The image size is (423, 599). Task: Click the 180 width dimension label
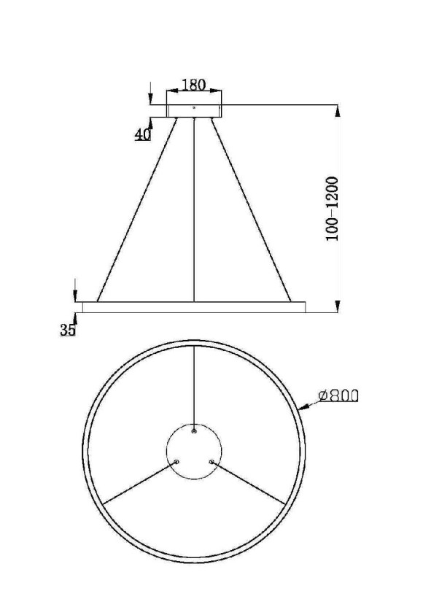coord(193,85)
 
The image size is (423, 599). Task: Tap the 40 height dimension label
coord(141,134)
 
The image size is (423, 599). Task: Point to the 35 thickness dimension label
coord(68,330)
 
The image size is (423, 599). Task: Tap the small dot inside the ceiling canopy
coord(194,107)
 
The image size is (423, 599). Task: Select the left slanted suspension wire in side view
coord(137,209)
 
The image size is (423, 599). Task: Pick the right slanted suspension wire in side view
coord(251,209)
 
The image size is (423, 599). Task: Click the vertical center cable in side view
coord(194,212)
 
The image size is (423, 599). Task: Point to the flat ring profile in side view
coord(194,307)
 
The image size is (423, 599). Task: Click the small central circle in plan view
coord(193,452)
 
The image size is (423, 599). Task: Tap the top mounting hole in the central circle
coord(194,431)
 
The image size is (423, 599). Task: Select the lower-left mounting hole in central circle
coord(176,461)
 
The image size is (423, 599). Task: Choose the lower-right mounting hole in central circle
coord(211,461)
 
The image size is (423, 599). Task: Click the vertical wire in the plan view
coord(194,387)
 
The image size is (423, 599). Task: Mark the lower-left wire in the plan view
coord(139,482)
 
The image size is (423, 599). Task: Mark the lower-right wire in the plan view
coord(249,482)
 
